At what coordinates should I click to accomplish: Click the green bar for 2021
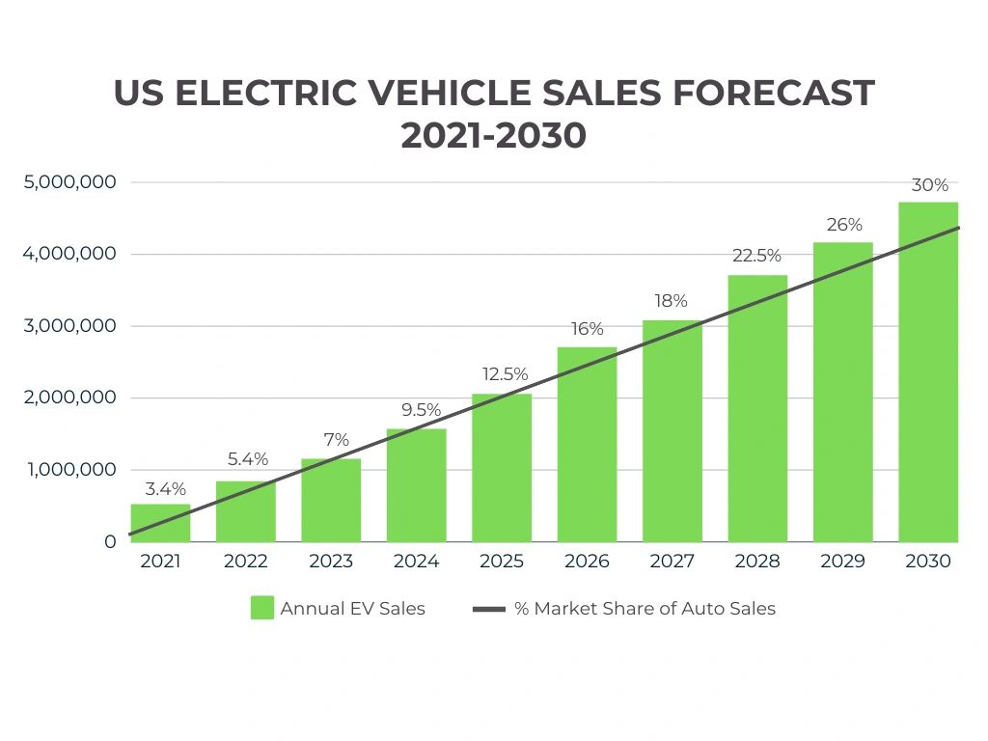click(x=160, y=523)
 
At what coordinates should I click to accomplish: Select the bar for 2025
click(x=502, y=468)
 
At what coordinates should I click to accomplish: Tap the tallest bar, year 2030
click(x=928, y=371)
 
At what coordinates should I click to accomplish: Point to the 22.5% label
click(x=756, y=256)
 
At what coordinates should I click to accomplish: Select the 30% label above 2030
click(x=929, y=185)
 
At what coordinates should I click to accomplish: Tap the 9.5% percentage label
click(x=417, y=410)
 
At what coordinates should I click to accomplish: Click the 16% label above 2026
click(x=587, y=329)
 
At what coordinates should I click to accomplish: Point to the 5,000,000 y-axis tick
click(x=69, y=182)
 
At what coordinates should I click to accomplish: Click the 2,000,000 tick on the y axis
click(x=69, y=398)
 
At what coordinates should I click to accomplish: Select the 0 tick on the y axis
click(x=110, y=542)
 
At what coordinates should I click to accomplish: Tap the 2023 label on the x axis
click(x=331, y=562)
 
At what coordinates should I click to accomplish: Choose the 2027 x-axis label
click(x=672, y=562)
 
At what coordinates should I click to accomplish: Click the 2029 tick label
click(x=842, y=562)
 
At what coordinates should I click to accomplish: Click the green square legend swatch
click(x=261, y=608)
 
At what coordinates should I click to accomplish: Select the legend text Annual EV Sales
click(x=352, y=608)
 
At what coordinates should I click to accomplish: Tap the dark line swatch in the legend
click(x=489, y=609)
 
